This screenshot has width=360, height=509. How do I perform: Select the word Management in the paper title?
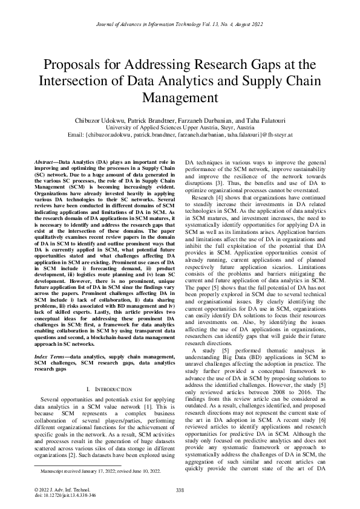(x=180, y=96)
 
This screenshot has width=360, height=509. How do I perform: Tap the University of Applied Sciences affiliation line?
(x=180, y=128)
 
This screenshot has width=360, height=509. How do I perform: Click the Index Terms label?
(x=51, y=341)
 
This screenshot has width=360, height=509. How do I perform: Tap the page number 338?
(x=180, y=489)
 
